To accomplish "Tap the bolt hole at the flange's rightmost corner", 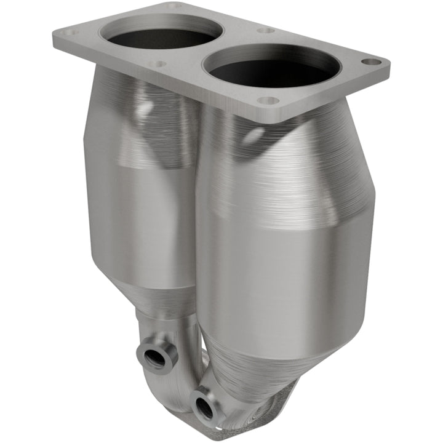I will coord(370,62).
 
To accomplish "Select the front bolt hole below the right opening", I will coord(267,100).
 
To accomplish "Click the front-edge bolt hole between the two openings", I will coord(158,63).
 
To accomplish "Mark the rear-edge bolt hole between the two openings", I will coord(266,30).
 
